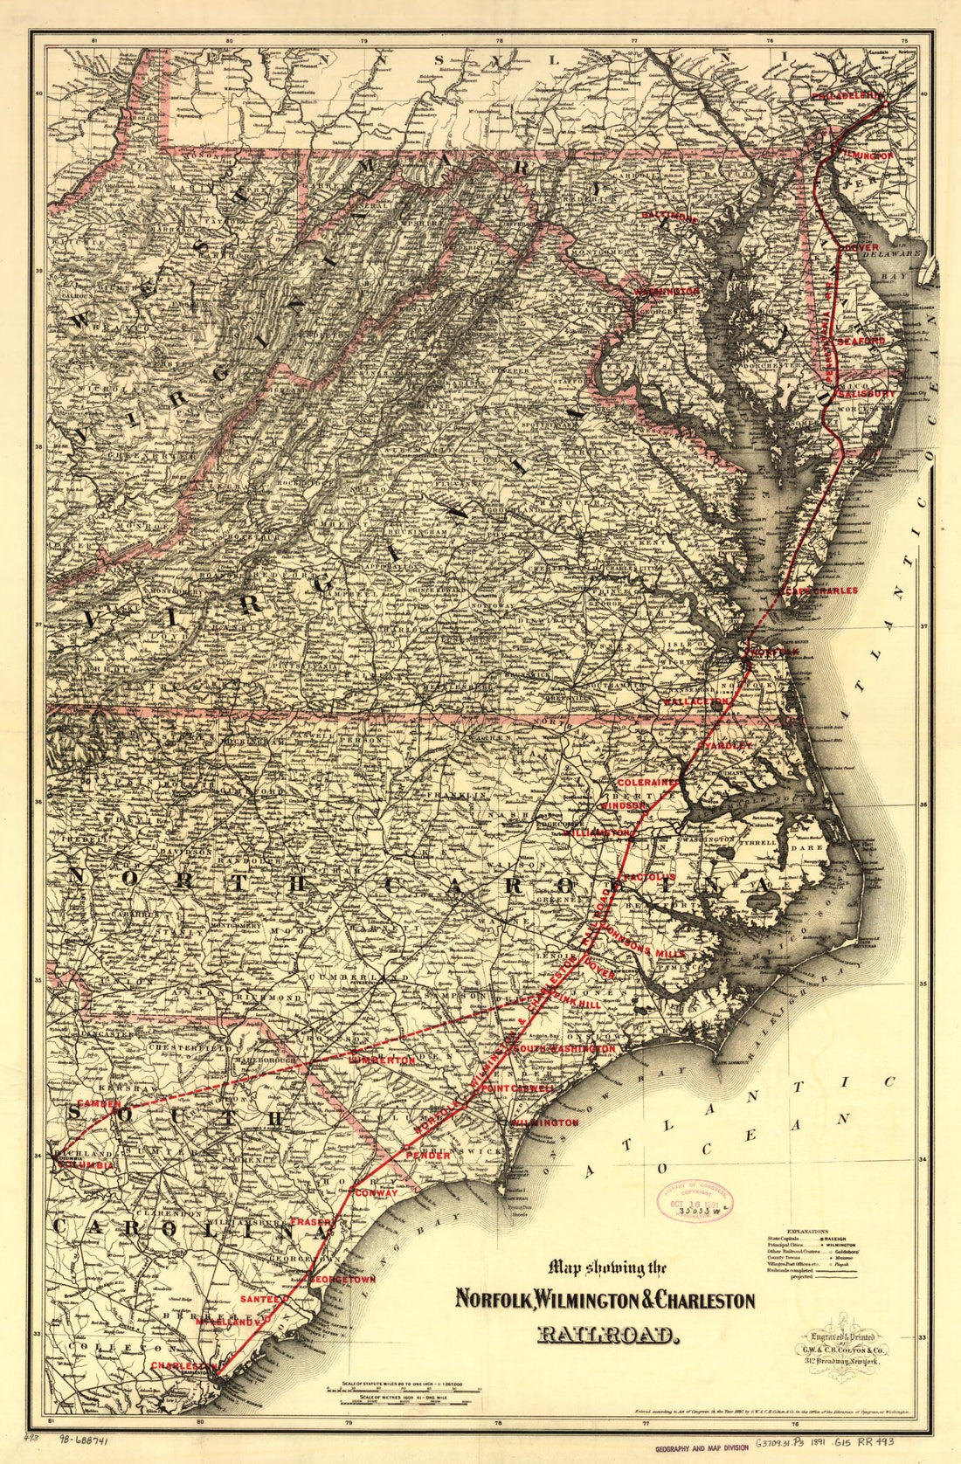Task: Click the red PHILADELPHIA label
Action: (847, 94)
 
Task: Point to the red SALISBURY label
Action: (867, 393)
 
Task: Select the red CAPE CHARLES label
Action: (822, 590)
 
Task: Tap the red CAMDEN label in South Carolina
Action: (100, 1103)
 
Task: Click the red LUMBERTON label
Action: (382, 1060)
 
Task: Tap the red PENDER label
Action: (427, 1156)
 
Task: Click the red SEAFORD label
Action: (861, 340)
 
